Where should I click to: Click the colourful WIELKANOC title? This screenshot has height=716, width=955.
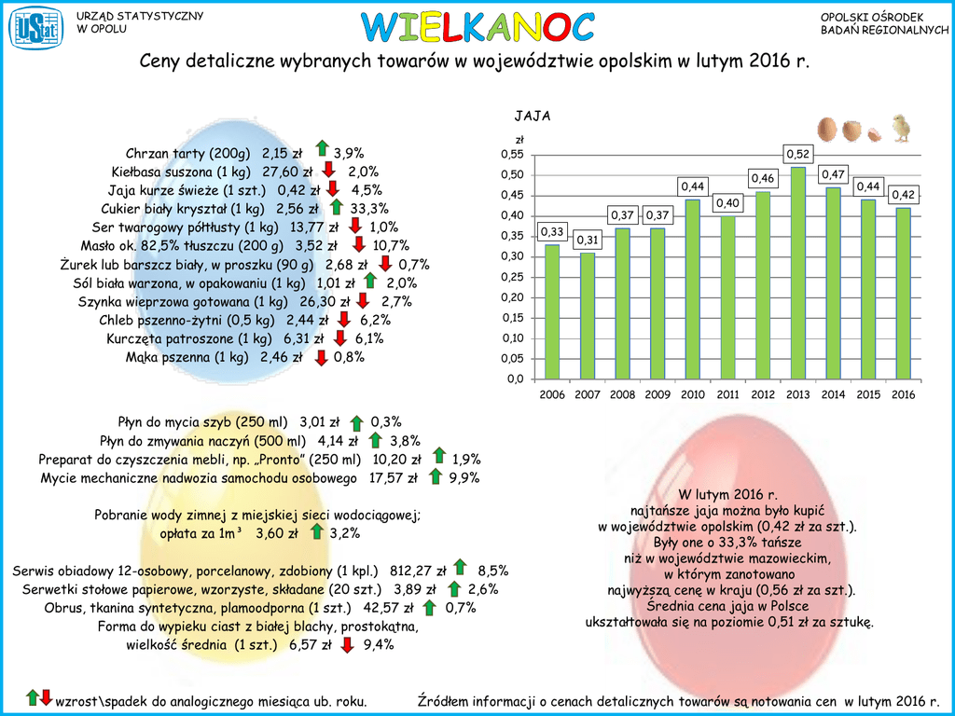point(477,28)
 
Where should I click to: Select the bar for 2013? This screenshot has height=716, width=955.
point(797,272)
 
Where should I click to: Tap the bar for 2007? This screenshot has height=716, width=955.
point(587,315)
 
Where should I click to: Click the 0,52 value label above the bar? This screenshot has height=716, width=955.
point(797,153)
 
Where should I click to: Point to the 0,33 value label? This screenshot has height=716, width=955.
point(552,231)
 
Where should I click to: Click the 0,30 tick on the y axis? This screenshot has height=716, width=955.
point(513,257)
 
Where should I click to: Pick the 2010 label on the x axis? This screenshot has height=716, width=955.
point(692,394)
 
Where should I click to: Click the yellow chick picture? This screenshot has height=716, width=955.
point(901,129)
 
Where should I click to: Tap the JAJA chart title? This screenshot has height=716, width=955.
point(533,117)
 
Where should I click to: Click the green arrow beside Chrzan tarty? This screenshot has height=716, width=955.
point(322,149)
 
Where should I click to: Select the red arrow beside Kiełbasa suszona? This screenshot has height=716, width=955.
point(328,170)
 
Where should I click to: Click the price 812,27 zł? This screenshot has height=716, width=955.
point(418,571)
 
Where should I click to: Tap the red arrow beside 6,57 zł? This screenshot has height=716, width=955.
point(348,644)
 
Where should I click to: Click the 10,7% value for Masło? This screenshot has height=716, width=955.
point(391,246)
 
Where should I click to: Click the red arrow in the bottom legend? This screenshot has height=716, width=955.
point(46,697)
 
